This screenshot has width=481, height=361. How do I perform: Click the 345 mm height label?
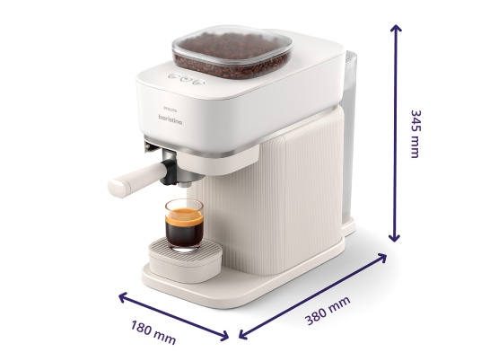point(416,134)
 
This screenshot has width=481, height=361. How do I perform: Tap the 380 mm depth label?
point(328,311)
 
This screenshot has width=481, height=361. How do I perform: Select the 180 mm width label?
point(153,332)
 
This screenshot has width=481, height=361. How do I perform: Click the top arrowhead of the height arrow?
point(396,28)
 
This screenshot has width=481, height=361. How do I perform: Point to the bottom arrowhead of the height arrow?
point(395,238)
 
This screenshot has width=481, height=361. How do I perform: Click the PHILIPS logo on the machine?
point(171,109)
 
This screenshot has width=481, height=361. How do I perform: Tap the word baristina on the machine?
point(171,119)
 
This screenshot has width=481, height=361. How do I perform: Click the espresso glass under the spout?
point(184,225)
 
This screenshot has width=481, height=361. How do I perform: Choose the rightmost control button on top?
point(199,82)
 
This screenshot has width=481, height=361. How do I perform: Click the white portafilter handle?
point(136,180)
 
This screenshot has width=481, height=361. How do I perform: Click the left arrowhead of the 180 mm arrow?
point(123,296)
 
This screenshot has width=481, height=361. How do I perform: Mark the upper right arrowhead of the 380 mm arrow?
point(382,257)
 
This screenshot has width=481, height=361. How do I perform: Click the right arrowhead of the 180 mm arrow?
point(224,336)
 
